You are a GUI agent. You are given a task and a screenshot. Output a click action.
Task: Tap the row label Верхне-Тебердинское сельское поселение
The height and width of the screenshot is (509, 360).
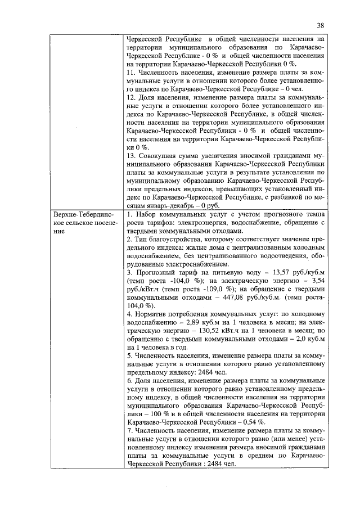pos(85,223)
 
